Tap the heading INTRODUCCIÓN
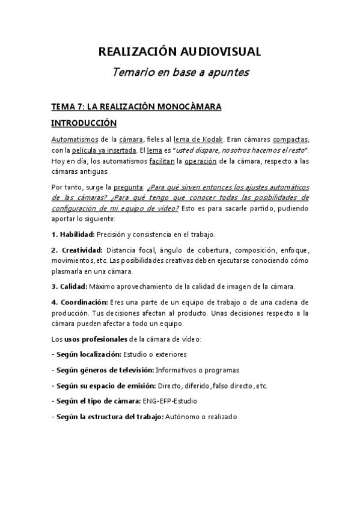tap(84, 123)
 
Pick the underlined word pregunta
tap(125, 186)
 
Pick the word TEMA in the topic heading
tap(63, 107)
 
